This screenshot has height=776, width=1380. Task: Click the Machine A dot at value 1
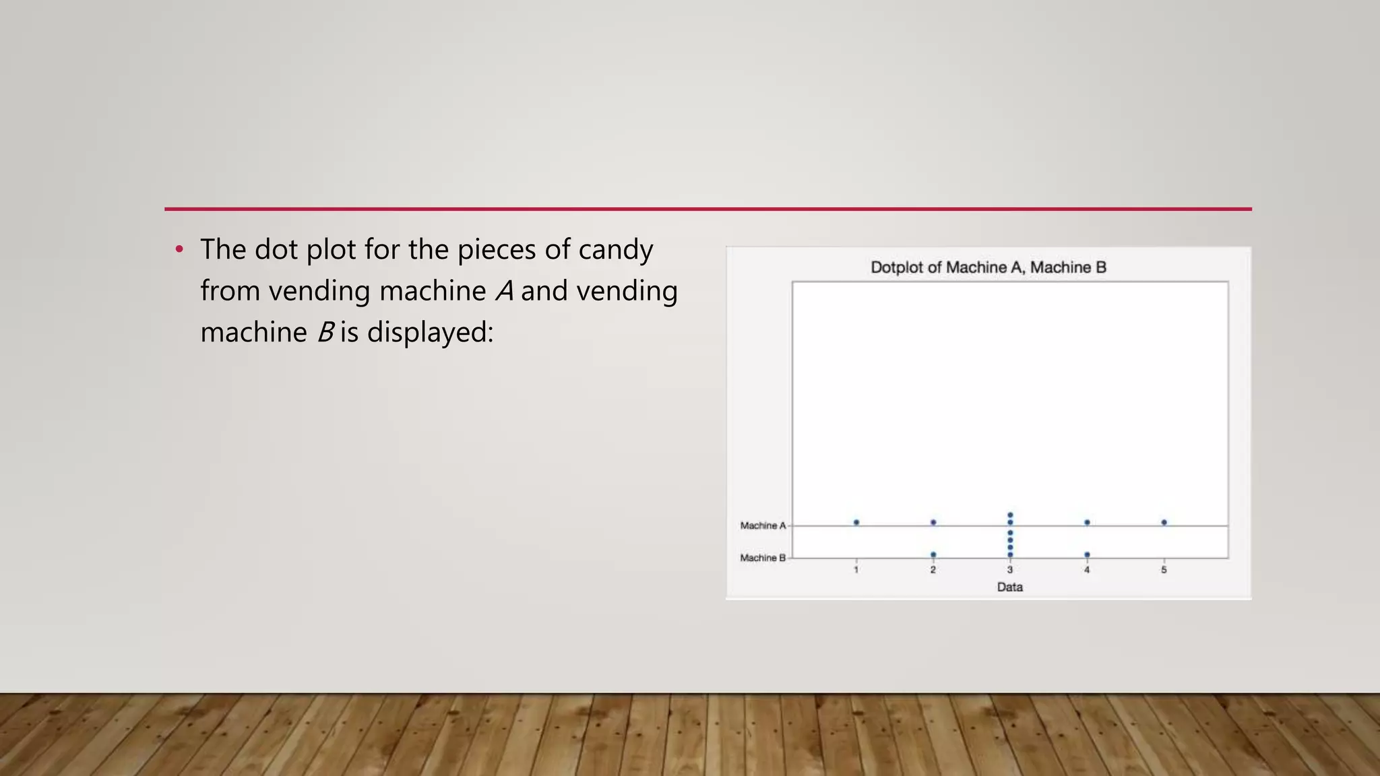(x=856, y=522)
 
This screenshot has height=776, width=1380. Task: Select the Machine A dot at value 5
(x=1164, y=522)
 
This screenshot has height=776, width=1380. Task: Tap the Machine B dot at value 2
(x=933, y=554)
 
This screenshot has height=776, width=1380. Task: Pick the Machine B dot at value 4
(x=1087, y=554)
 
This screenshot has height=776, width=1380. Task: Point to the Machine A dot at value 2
(x=933, y=522)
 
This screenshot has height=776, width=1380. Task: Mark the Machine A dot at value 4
(x=1087, y=522)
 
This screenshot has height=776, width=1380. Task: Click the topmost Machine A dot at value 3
(x=1010, y=515)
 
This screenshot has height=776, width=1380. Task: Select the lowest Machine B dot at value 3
(x=1010, y=554)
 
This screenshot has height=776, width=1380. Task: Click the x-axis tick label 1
(x=856, y=570)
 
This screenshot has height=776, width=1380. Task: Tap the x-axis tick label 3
(x=1010, y=570)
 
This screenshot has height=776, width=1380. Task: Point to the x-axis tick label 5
(x=1164, y=570)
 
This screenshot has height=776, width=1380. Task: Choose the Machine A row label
(x=763, y=525)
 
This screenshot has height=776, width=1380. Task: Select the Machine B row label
(x=763, y=558)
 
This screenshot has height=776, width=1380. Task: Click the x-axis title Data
(x=1010, y=587)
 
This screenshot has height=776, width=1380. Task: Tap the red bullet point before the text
(x=179, y=250)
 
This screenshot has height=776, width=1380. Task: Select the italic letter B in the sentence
(x=325, y=332)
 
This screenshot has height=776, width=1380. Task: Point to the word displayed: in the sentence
(x=430, y=332)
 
